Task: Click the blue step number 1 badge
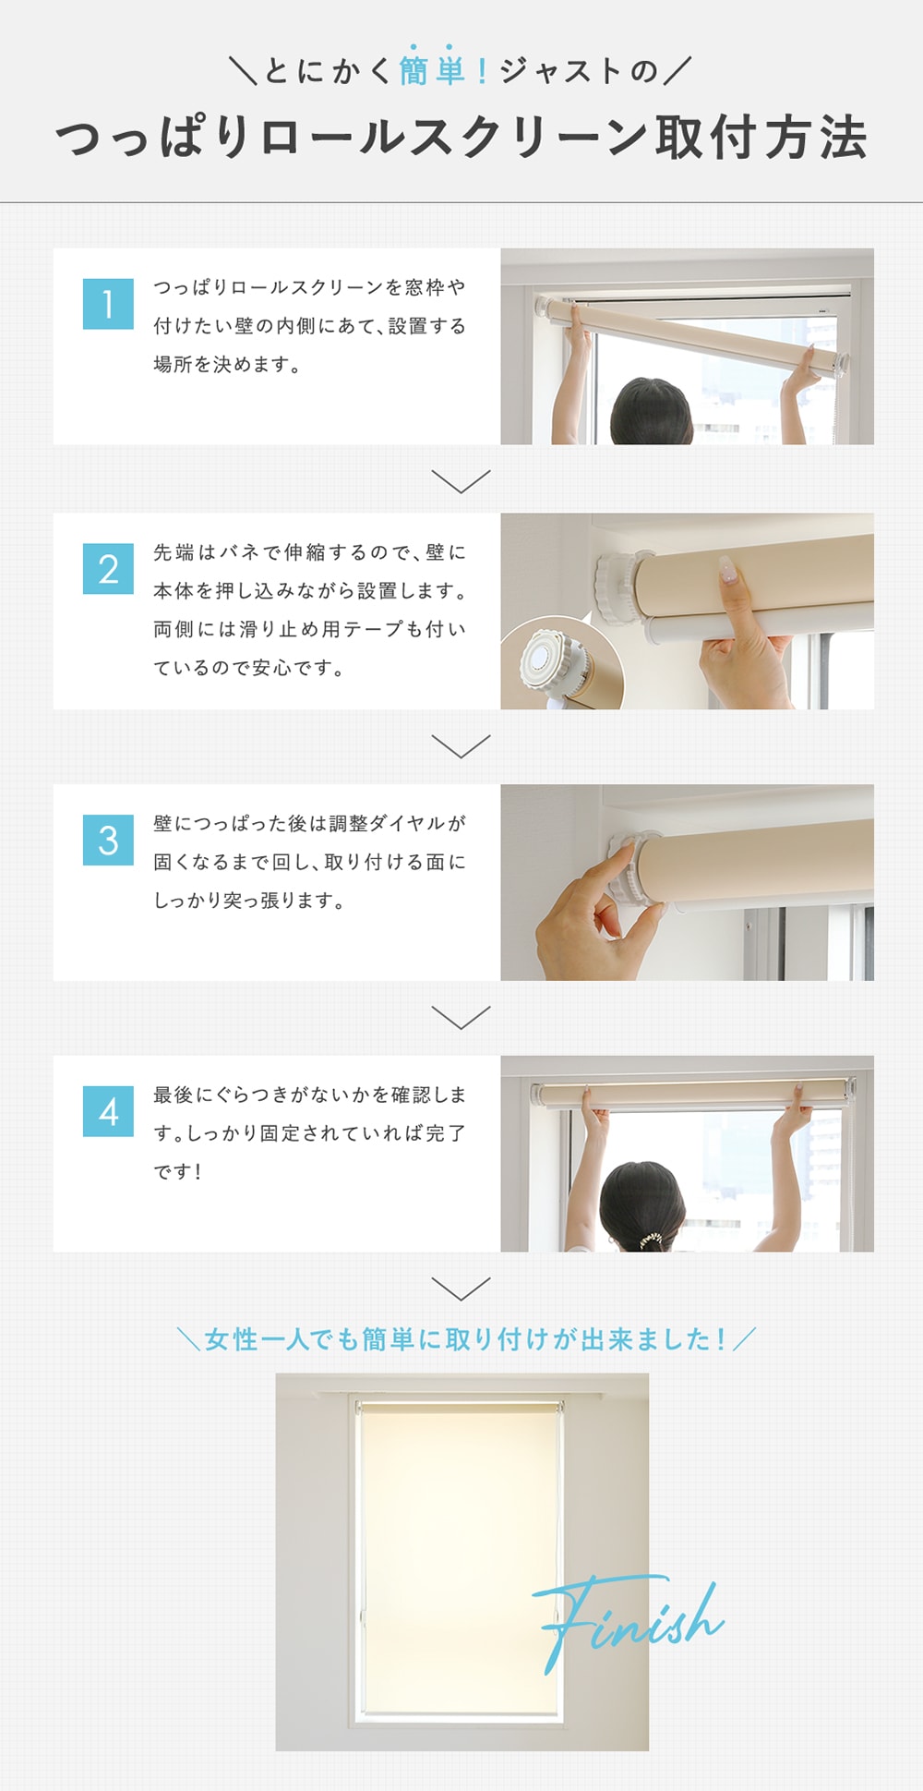(108, 304)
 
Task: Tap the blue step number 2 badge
(108, 569)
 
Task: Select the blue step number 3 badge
(108, 841)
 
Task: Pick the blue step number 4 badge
(108, 1111)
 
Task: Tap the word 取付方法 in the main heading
(761, 138)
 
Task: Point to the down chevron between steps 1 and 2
(461, 481)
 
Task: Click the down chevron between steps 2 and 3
(461, 746)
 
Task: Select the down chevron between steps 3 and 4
(461, 1017)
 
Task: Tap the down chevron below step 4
(461, 1289)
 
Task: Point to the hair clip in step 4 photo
(652, 1238)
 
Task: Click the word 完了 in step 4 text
(446, 1132)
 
